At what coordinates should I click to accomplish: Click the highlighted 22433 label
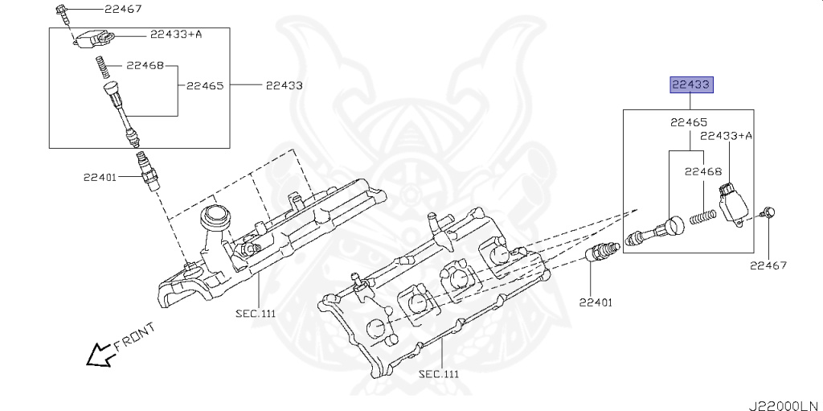(690, 84)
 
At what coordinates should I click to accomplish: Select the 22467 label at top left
(122, 9)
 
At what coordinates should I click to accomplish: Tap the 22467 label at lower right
(768, 265)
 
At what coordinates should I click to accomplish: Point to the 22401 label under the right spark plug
(595, 302)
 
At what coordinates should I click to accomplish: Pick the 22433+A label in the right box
(726, 136)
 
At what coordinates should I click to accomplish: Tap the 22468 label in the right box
(703, 171)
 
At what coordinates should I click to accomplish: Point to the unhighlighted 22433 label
(284, 84)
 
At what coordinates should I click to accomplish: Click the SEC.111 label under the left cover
(256, 313)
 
